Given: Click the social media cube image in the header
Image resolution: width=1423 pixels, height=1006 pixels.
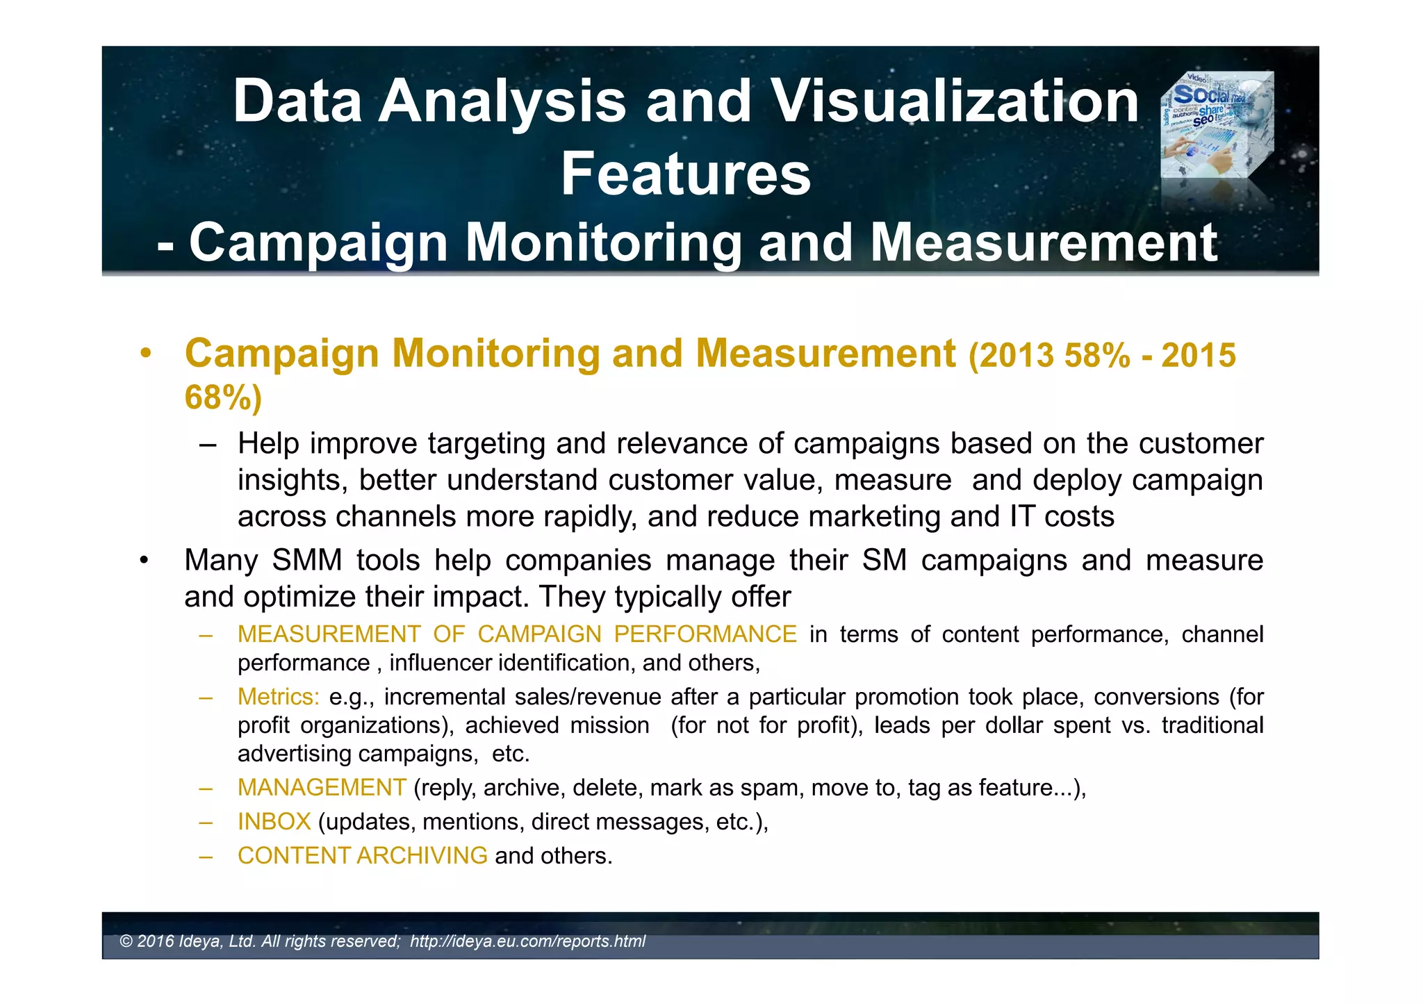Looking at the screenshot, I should [x=1217, y=125].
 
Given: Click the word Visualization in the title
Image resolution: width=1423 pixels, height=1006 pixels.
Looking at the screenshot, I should [x=955, y=101].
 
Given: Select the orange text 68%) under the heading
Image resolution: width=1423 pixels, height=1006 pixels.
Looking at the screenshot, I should [x=223, y=397].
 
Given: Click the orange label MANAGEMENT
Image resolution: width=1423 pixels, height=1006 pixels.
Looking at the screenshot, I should [x=322, y=788].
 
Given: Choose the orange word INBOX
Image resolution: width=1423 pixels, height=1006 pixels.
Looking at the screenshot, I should [x=274, y=822].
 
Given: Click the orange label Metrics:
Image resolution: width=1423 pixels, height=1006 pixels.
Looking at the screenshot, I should [x=278, y=697].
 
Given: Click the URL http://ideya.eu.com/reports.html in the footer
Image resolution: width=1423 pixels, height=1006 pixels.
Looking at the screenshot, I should [x=527, y=941].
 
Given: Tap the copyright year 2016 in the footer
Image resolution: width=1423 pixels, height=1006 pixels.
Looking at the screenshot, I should [x=156, y=941].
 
